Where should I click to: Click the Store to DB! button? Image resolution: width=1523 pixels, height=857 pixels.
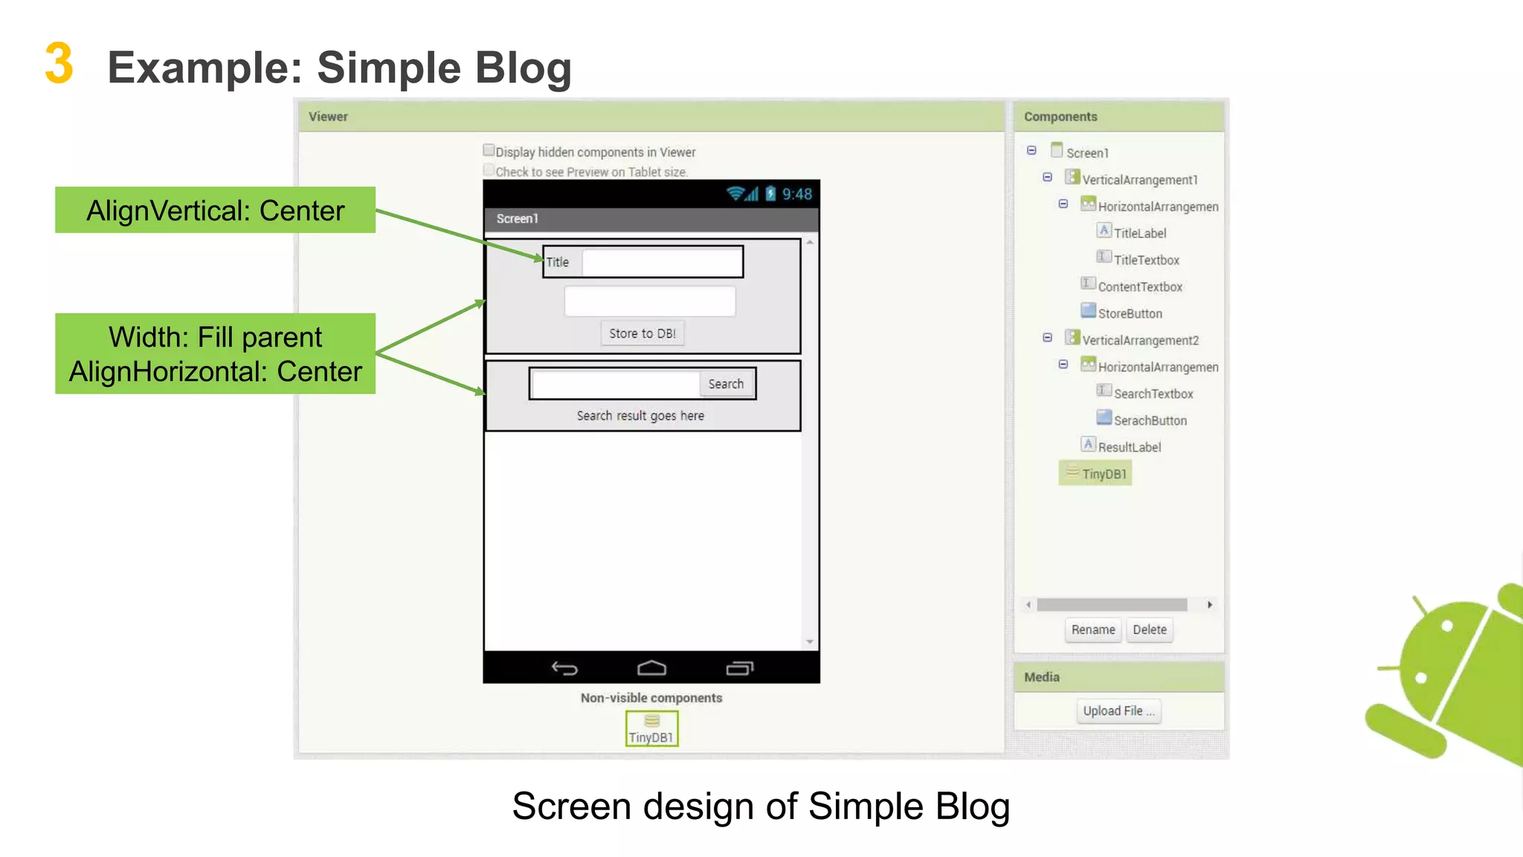pos(642,333)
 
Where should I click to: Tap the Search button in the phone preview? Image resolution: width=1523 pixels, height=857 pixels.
pos(725,384)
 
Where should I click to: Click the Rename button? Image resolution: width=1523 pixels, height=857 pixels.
pos(1092,629)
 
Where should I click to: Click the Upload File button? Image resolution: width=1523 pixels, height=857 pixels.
pos(1118,710)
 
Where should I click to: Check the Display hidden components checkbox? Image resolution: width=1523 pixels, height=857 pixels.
pos(489,150)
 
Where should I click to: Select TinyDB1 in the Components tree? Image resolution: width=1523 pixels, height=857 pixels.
pos(1104,474)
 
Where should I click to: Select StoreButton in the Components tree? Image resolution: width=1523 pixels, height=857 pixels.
pos(1129,313)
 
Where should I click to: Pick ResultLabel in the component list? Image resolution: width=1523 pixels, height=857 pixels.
pos(1129,447)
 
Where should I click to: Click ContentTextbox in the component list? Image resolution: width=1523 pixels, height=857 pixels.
pos(1139,286)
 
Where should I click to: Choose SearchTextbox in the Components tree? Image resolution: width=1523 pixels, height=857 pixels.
pos(1153,394)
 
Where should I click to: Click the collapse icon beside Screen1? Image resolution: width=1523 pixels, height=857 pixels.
pos(1031,151)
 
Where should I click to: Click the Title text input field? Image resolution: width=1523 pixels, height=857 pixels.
pos(662,262)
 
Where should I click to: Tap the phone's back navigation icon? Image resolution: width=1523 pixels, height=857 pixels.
pos(564,668)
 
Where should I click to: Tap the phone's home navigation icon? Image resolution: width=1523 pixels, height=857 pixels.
pos(651,668)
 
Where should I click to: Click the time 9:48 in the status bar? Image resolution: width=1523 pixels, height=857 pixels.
pos(796,194)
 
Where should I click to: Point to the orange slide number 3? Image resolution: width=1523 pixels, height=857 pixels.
pos(59,64)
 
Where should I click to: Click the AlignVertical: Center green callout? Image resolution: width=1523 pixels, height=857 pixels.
pos(215,210)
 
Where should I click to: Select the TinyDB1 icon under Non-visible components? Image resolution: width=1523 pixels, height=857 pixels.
pos(651,728)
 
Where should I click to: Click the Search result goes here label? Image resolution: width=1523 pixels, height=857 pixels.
pos(640,416)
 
